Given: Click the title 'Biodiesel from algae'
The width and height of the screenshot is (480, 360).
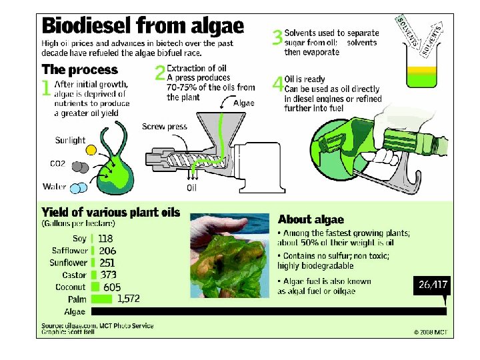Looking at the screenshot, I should coord(143,26).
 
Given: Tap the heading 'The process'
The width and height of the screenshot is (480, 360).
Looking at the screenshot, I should coord(79,69).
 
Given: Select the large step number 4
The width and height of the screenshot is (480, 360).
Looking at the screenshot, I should coord(277,85).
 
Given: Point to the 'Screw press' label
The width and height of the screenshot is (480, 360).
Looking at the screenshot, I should coord(165,127).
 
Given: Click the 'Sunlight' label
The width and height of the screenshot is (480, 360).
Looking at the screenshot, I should coord(71,141).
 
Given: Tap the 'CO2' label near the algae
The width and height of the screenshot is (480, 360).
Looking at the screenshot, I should coord(58,163).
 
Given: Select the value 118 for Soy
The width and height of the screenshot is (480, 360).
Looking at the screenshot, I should coord(105,239).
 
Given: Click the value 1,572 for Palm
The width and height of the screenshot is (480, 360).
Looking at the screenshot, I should coord(128,299).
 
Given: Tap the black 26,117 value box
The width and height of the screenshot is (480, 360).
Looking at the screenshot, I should coord(433,285).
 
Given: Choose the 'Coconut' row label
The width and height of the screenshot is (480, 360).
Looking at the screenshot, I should coord(71,287).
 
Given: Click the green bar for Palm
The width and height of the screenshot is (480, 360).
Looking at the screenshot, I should coord(101,299).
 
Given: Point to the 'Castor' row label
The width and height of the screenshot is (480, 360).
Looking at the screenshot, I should coord(74,275).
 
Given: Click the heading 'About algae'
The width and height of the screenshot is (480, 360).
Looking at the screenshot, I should coord(311,219).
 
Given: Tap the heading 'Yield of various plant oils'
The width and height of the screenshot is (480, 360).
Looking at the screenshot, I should coord(111,212).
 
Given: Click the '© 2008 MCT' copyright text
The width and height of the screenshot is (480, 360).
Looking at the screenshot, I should coord(430,331).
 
